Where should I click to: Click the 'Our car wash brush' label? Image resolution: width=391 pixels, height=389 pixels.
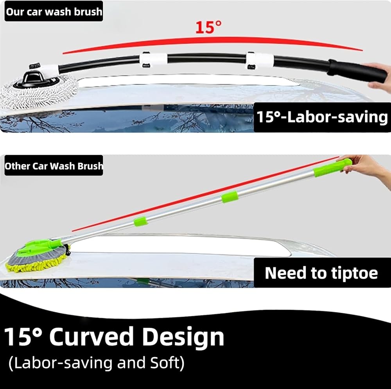(54, 11)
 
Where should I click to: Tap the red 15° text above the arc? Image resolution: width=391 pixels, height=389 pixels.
(208, 27)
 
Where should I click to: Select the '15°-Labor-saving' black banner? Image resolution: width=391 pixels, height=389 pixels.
(322, 117)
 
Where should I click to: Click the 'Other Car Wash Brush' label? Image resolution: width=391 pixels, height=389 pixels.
(54, 166)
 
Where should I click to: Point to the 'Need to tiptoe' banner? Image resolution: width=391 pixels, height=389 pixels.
(322, 273)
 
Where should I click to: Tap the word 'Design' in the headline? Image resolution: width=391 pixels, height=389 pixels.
(183, 338)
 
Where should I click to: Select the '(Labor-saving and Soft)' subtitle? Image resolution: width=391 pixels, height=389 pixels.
(97, 363)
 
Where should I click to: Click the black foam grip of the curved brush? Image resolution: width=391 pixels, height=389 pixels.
(357, 70)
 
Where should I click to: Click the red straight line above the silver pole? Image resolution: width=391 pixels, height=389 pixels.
(205, 194)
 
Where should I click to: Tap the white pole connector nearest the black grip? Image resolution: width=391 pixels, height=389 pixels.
(259, 60)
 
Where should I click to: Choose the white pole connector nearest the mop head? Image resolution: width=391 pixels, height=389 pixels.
(153, 60)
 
